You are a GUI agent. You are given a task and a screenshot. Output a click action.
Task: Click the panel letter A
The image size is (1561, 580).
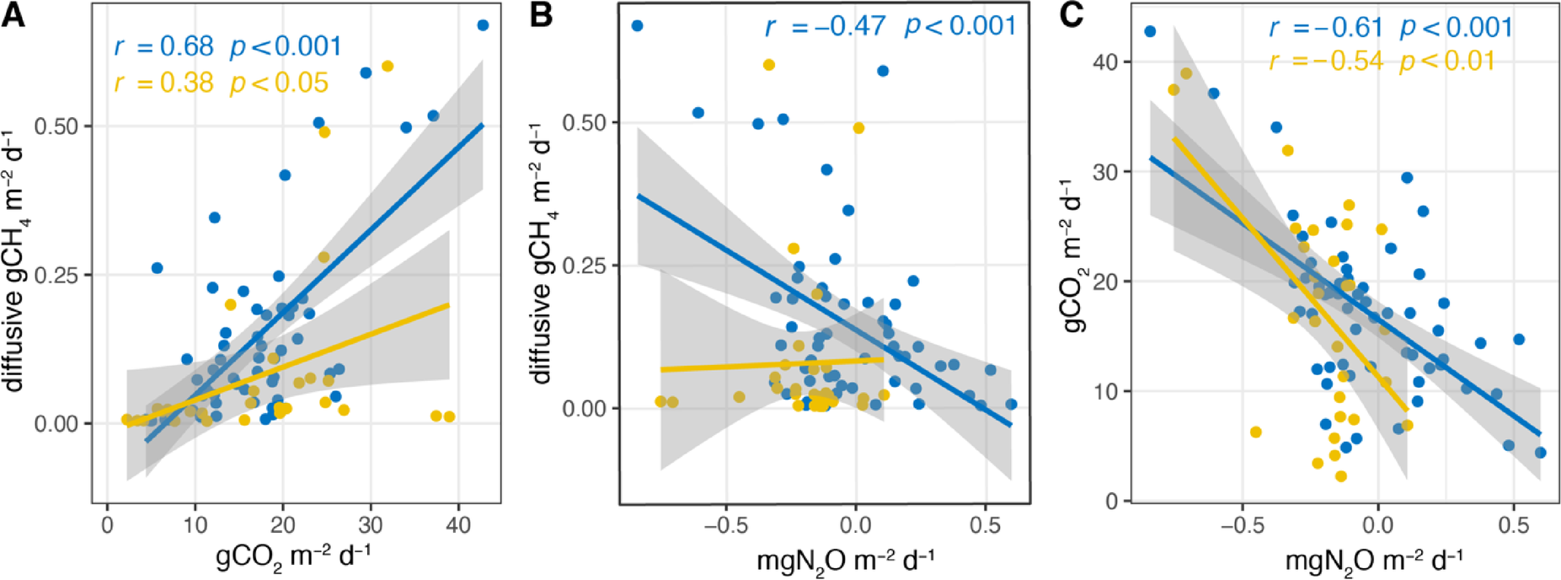tap(13, 14)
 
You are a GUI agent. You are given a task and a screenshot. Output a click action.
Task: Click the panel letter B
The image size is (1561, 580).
tap(541, 14)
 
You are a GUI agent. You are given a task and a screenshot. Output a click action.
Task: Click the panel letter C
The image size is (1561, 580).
tap(1071, 14)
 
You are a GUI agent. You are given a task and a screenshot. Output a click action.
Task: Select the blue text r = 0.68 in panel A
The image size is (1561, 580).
tap(164, 46)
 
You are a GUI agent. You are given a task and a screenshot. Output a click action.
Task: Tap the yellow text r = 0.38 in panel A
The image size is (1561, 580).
tap(164, 83)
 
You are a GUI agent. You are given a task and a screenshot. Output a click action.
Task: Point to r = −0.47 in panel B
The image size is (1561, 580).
tap(825, 27)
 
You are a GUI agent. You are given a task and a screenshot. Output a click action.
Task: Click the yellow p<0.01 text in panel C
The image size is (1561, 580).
tap(1446, 62)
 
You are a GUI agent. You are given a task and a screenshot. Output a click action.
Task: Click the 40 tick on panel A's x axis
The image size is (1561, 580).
tap(458, 524)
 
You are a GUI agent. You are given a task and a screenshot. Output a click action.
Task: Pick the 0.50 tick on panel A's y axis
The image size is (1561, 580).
tap(56, 126)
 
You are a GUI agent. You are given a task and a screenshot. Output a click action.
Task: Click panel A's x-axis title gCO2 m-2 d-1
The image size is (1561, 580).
tap(294, 557)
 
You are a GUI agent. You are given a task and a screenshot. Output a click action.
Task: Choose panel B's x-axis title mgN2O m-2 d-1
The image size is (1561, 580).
tap(845, 559)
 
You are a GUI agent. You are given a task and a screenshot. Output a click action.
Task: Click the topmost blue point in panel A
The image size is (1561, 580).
tap(483, 25)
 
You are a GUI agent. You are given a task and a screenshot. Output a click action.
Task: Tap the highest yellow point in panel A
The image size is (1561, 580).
tap(388, 66)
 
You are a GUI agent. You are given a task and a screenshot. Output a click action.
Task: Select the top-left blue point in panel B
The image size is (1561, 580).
tap(638, 26)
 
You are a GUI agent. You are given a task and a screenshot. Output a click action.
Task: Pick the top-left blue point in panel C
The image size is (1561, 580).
tap(1150, 32)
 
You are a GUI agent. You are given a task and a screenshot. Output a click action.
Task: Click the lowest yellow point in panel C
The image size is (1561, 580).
tap(1340, 476)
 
